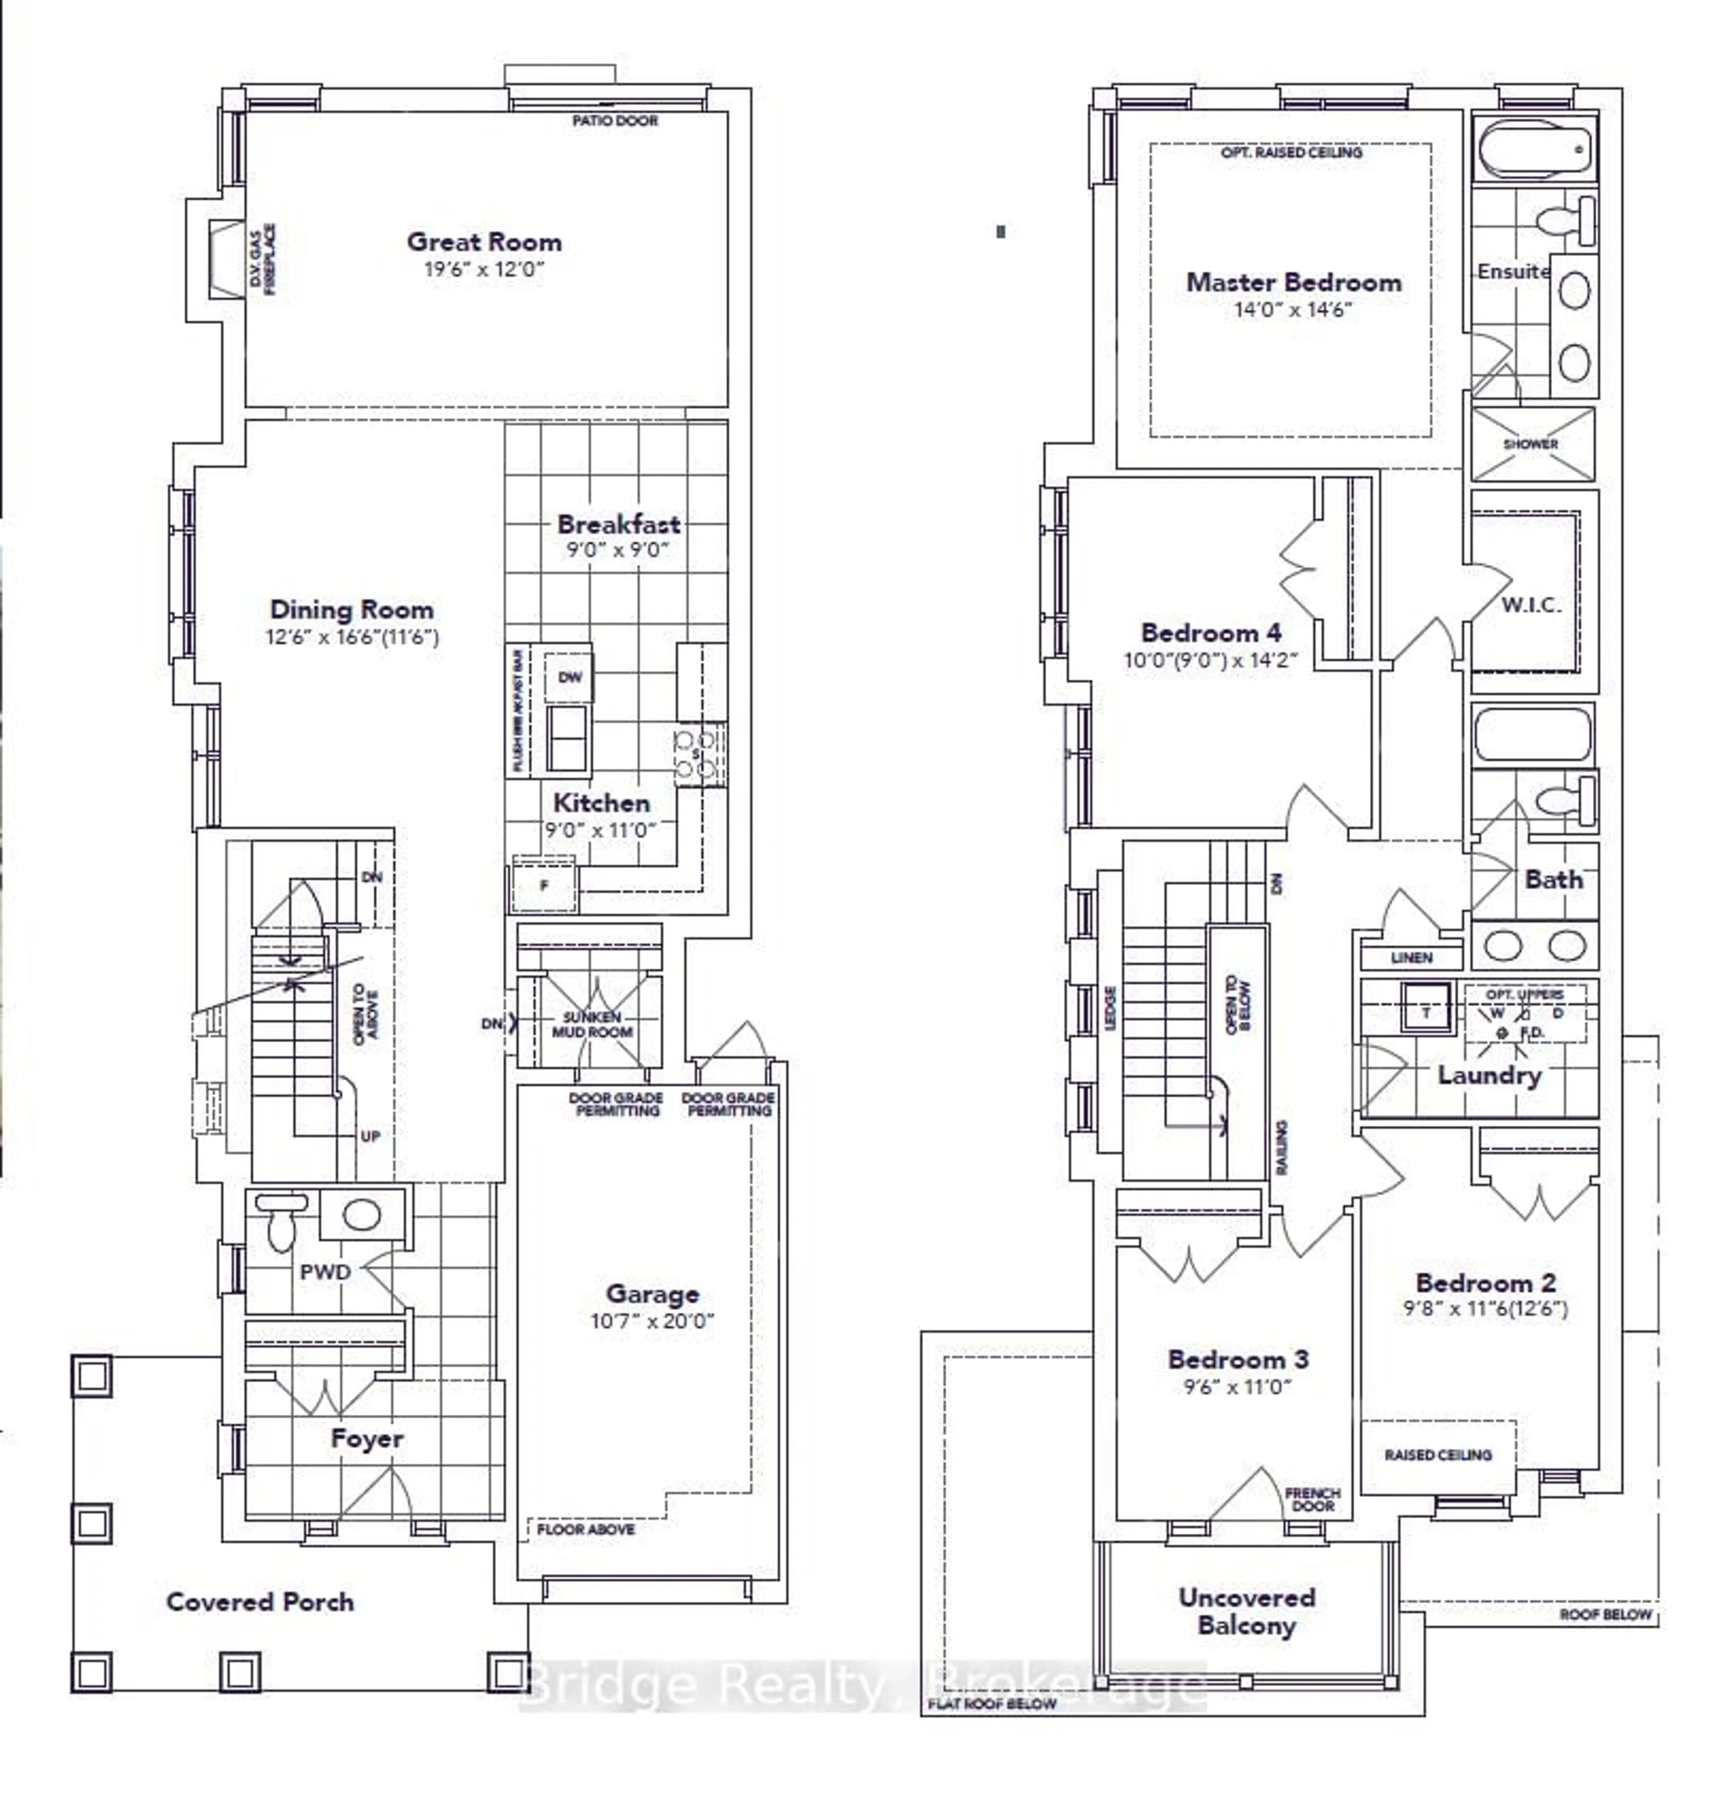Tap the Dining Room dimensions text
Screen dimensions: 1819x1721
point(352,637)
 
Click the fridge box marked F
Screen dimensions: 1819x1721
point(544,885)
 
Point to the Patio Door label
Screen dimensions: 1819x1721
point(614,120)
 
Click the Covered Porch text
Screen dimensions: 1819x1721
point(259,1602)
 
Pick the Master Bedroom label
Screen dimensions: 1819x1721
point(1293,282)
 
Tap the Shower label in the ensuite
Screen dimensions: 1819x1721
point(1530,444)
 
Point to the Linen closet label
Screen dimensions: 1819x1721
point(1411,957)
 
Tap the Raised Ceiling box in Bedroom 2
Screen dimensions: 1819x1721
point(1438,1455)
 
